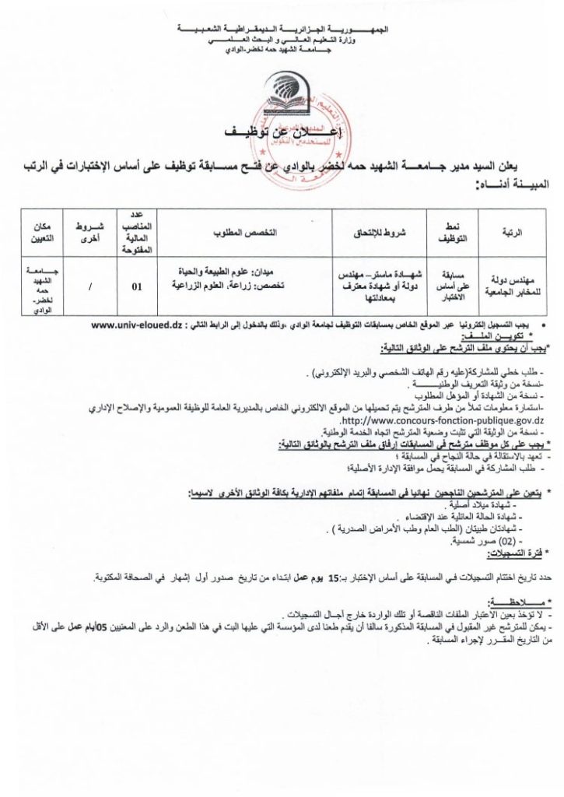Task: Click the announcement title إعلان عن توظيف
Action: (x=284, y=134)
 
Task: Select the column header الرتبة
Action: (x=514, y=233)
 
